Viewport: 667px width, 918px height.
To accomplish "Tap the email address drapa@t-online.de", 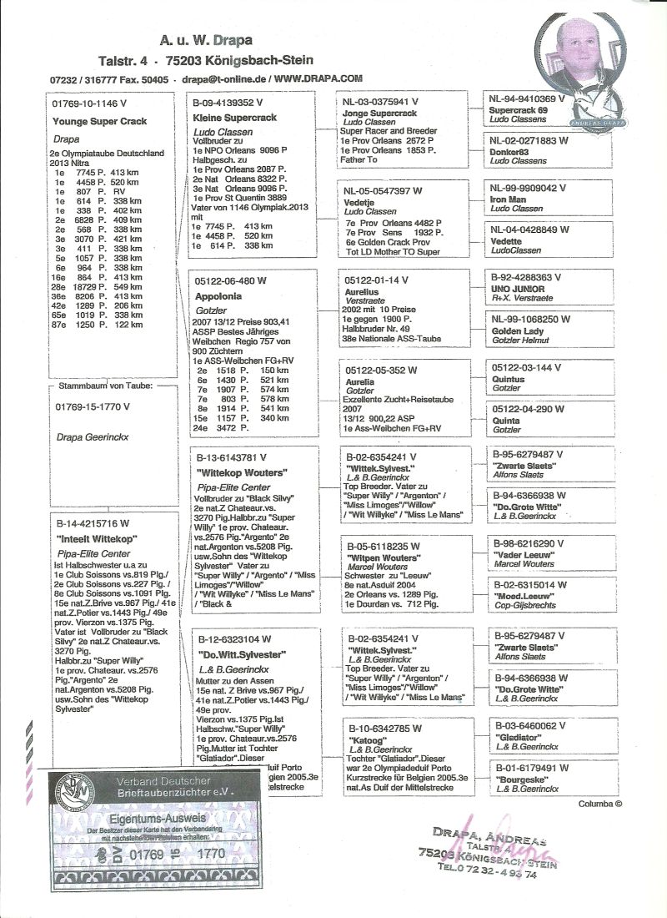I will pos(221,79).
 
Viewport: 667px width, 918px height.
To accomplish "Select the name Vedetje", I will pos(359,203).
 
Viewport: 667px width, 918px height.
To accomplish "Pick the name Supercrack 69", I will pos(518,109).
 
